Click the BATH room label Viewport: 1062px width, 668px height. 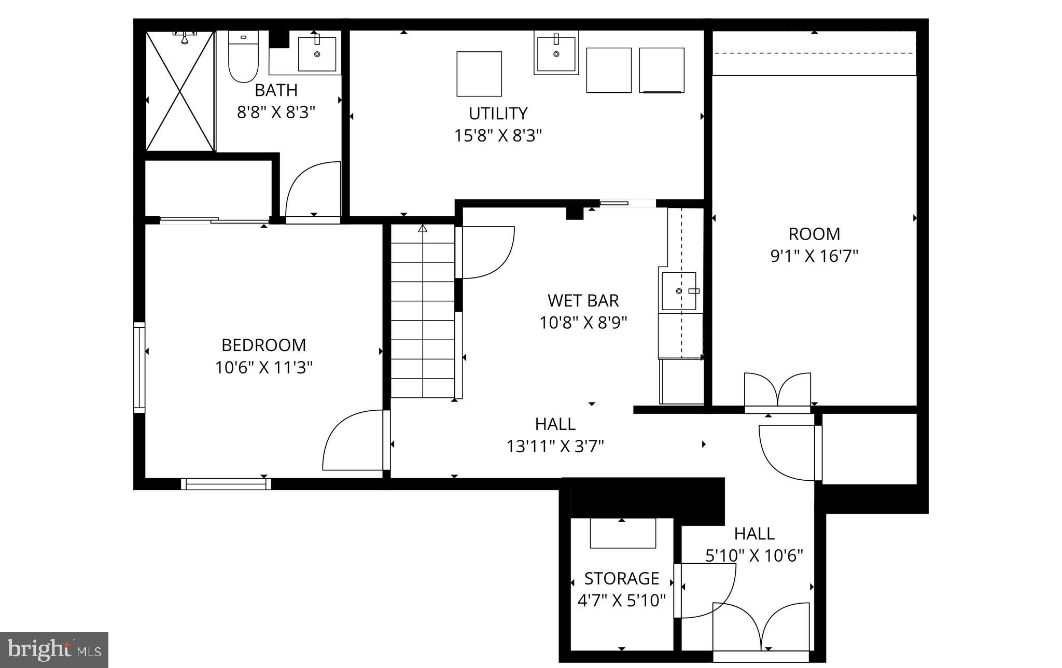276,90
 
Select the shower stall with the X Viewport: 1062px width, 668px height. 180,91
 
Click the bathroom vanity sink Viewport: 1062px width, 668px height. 317,53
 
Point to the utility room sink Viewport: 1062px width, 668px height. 556,53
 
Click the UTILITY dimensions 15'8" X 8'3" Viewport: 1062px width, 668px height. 498,136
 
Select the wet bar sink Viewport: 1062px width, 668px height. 679,291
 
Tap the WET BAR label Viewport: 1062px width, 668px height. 583,300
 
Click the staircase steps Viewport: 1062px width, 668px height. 423,311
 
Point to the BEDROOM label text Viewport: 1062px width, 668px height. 263,345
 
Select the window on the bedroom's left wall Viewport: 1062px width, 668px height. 139,367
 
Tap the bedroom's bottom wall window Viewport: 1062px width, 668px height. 226,484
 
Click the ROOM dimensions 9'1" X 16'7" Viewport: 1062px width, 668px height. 814,256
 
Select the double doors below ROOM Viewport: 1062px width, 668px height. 777,392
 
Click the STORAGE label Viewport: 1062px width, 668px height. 621,578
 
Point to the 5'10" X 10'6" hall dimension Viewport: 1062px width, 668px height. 754,556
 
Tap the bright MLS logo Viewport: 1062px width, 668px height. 54,650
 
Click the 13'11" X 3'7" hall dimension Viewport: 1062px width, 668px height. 555,446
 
